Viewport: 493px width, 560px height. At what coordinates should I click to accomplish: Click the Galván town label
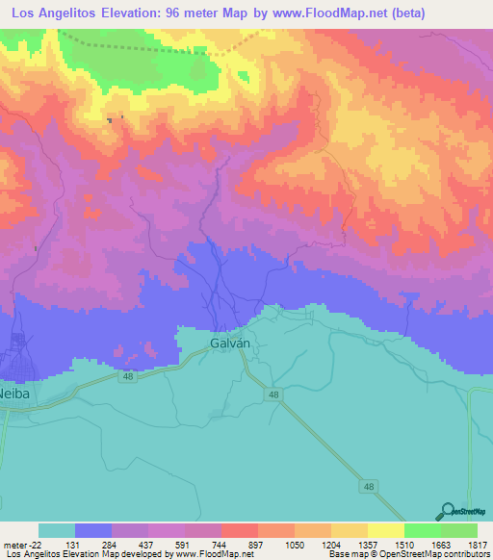tap(229, 343)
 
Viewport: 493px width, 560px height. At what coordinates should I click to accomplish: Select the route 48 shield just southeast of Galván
tap(274, 395)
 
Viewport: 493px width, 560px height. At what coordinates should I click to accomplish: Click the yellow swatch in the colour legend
tap(385, 530)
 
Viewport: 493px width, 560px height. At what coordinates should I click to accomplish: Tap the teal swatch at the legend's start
tap(57, 530)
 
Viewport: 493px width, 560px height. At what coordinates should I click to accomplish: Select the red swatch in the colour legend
tap(239, 530)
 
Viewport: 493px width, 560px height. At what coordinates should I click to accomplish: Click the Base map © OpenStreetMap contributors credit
tap(408, 554)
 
